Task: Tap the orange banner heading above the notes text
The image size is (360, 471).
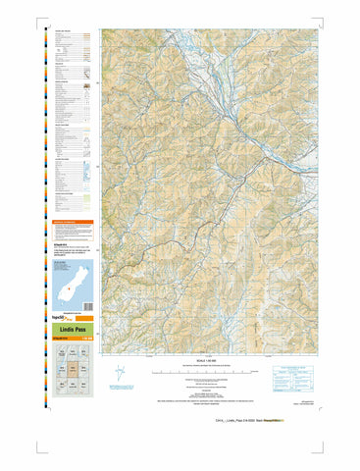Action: [71, 224]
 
